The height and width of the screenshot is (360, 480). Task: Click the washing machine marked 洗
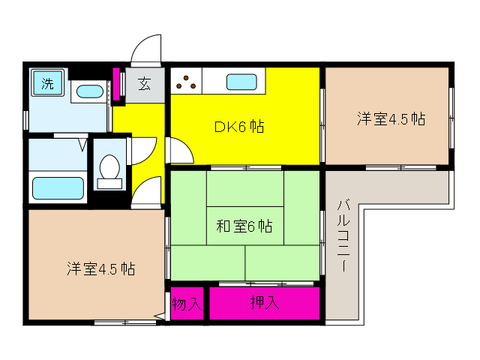tap(47, 82)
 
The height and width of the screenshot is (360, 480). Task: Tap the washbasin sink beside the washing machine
tap(89, 91)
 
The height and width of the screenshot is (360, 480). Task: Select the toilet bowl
tap(109, 166)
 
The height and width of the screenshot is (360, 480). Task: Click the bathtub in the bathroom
tap(58, 188)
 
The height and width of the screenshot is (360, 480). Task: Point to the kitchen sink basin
tap(241, 82)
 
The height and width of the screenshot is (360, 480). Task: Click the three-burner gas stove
tap(186, 81)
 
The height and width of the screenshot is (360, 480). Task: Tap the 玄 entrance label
tap(145, 83)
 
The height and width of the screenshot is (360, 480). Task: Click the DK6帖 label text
tap(239, 127)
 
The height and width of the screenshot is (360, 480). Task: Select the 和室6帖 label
tap(244, 226)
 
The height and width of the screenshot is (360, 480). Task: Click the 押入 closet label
tap(265, 302)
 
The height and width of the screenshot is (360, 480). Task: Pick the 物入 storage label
tap(187, 304)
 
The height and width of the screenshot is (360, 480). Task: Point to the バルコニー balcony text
tap(343, 235)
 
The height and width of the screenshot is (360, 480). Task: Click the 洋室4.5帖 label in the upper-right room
tap(391, 118)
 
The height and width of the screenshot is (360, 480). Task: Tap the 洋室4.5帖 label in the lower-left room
tap(100, 268)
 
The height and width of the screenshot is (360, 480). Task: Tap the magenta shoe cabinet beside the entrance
tap(116, 84)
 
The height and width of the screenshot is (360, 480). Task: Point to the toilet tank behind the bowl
tap(109, 184)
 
